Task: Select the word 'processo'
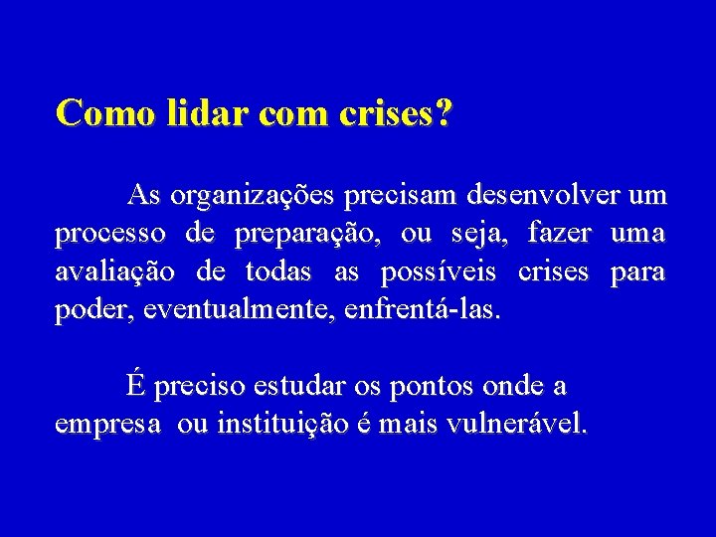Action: tap(110, 235)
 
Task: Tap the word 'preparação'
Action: tap(309, 235)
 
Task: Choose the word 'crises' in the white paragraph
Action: tap(553, 271)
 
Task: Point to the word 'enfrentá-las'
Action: tap(422, 309)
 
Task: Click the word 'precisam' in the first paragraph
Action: tap(388, 197)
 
